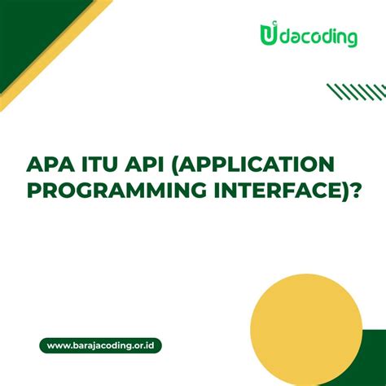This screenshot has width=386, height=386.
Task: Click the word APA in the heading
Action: tap(50, 165)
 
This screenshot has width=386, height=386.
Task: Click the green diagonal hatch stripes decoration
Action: tap(349, 90)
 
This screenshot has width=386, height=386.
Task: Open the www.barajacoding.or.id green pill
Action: tap(100, 345)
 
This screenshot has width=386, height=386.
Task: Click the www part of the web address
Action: tap(58, 345)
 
